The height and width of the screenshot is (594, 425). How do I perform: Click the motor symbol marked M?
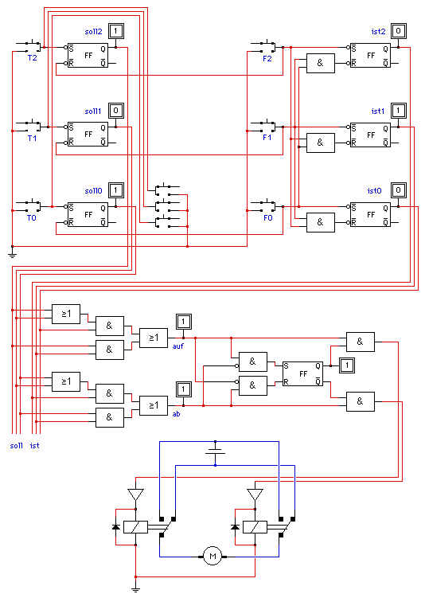coord(212,556)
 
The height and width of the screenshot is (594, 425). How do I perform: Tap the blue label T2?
coord(32,58)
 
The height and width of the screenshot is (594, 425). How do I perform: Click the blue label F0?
coord(267,218)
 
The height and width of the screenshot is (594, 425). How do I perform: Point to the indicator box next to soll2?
coord(116,31)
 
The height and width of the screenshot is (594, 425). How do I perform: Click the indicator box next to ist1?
coord(398,111)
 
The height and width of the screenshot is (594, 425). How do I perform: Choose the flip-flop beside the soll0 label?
coord(88,214)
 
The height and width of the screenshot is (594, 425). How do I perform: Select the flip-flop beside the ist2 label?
coord(370,55)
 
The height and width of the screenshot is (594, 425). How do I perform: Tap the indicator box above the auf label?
coord(183,322)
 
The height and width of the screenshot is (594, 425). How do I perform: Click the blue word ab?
coord(176,414)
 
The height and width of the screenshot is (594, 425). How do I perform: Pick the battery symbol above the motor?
coord(215,453)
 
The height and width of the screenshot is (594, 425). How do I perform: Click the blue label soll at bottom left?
coord(16,446)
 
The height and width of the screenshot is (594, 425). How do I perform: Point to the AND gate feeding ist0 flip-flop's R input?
coord(321,222)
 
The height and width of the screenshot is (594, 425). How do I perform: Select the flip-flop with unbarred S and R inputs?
coord(302,374)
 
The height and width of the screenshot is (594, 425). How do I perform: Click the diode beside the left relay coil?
coord(116,527)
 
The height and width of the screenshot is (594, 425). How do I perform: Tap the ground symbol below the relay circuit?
coord(135,588)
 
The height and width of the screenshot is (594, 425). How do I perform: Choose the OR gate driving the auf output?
coord(154,338)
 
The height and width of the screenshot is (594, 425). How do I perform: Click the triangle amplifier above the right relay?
coord(255,494)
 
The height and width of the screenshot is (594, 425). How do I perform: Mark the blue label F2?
coord(267,58)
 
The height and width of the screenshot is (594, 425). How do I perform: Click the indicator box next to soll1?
coord(116,111)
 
